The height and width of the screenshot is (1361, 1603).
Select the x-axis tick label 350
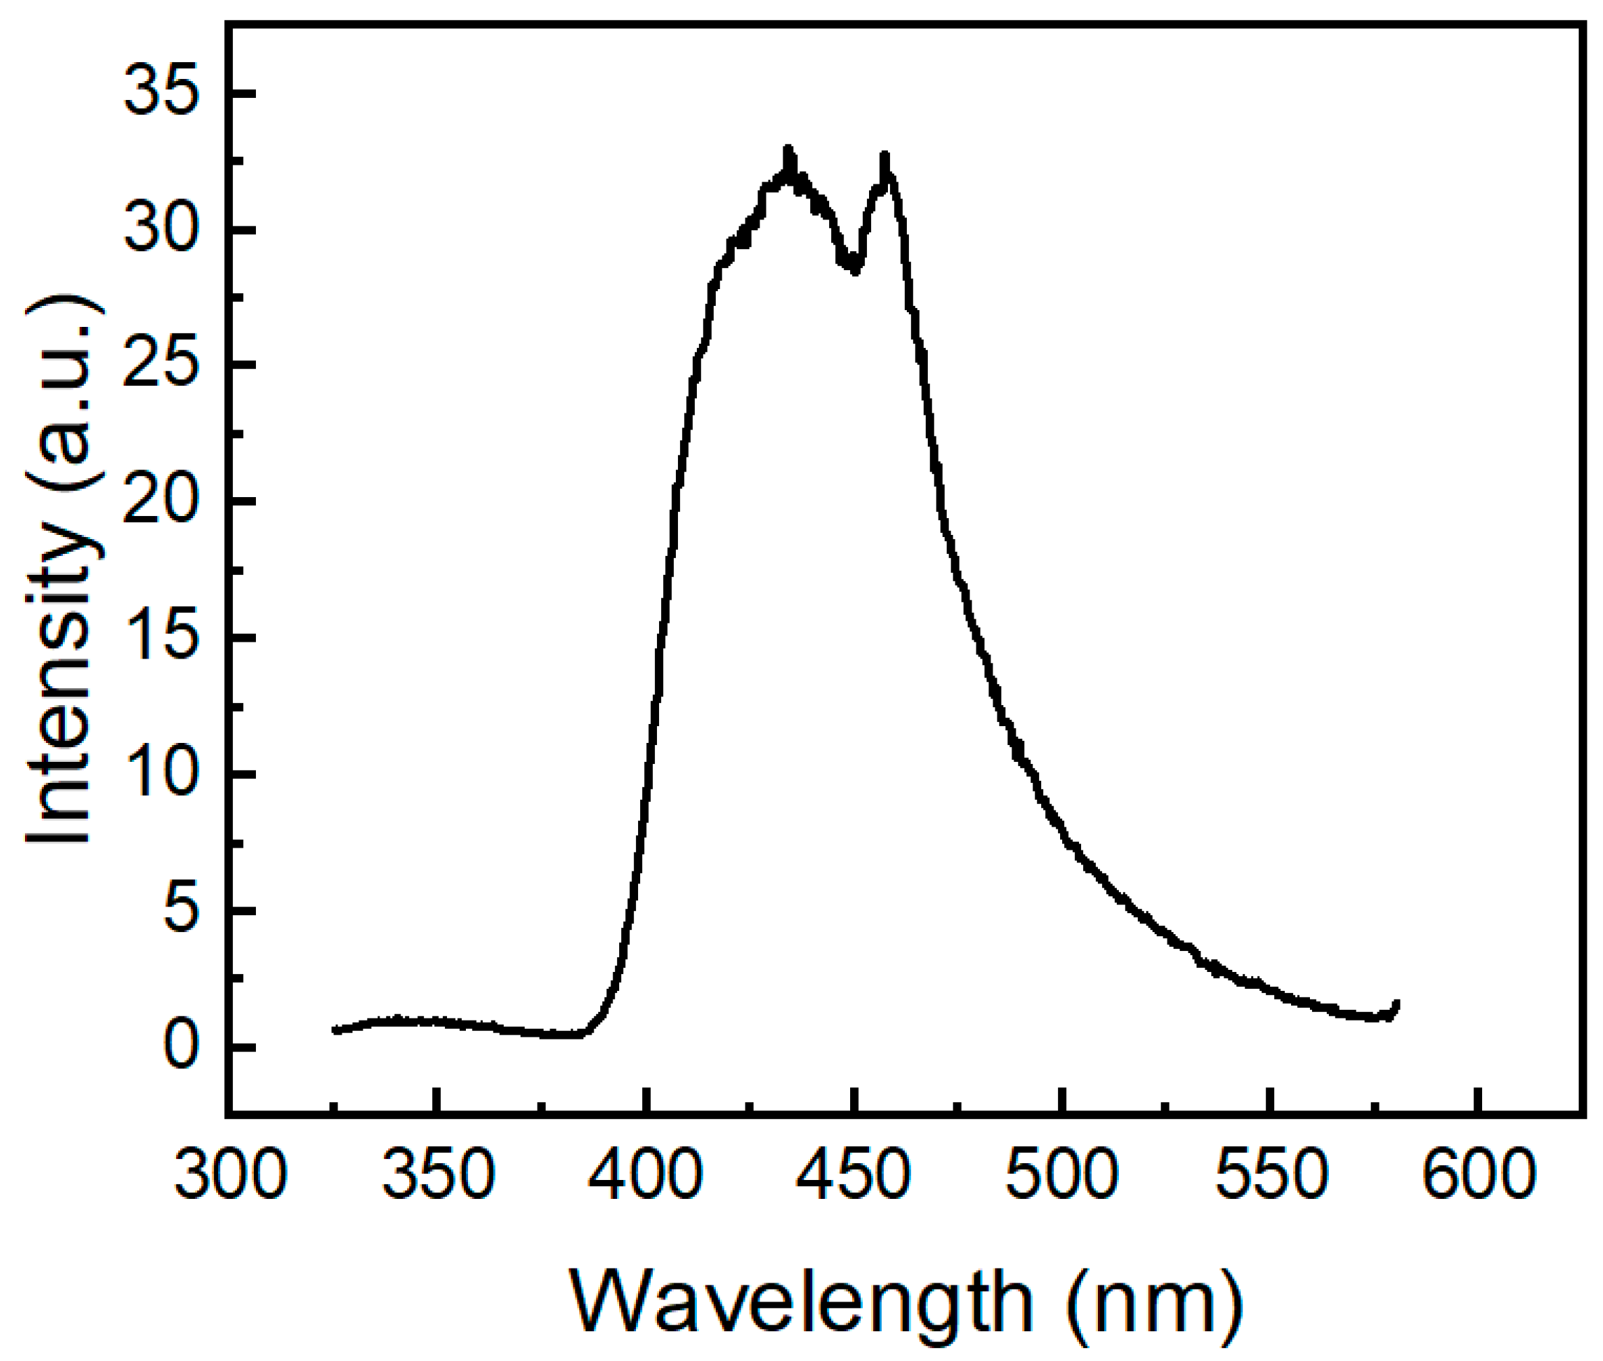[438, 1176]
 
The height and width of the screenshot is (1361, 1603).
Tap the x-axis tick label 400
[646, 1176]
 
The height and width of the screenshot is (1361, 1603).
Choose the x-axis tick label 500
[1062, 1176]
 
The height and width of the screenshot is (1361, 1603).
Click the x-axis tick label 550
[1269, 1176]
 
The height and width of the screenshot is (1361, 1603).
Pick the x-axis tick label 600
[1478, 1176]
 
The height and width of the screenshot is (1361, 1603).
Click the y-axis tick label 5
[178, 910]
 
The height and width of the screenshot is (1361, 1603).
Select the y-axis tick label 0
[178, 1047]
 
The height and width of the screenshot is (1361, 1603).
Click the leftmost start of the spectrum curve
[335, 1029]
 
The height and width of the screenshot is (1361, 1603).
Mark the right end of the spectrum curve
[1396, 1004]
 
